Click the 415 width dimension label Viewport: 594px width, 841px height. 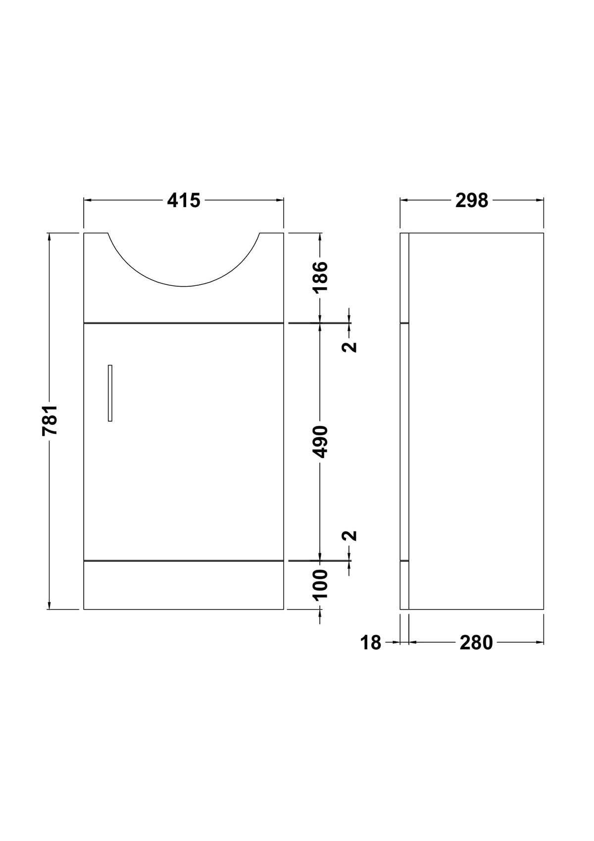click(x=184, y=201)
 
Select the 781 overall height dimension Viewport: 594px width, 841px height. click(x=50, y=420)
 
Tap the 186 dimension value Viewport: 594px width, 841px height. click(x=320, y=276)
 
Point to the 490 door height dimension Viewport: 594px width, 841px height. click(x=320, y=441)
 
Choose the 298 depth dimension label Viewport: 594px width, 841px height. click(x=472, y=201)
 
